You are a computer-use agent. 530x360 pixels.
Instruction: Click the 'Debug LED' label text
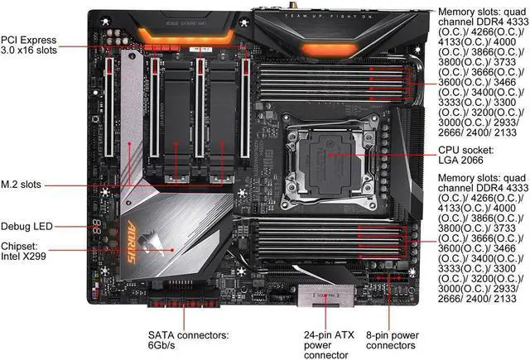(x=29, y=225)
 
